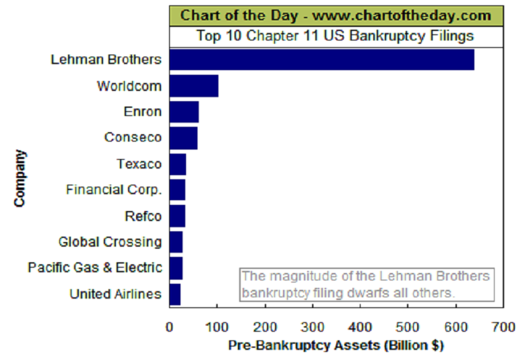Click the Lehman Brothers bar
point(321,59)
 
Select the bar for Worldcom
point(193,86)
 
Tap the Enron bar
point(184,112)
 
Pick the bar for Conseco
point(183,138)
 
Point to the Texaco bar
point(177,164)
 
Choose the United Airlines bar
point(175,294)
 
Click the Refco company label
point(144,216)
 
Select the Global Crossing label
point(110,242)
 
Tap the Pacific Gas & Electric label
point(95,268)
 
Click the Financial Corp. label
point(114,190)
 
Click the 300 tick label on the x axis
point(313,327)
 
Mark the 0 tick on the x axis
point(169,327)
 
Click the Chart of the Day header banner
point(336,16)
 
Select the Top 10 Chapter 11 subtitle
point(336,36)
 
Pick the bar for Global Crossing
point(176,242)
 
